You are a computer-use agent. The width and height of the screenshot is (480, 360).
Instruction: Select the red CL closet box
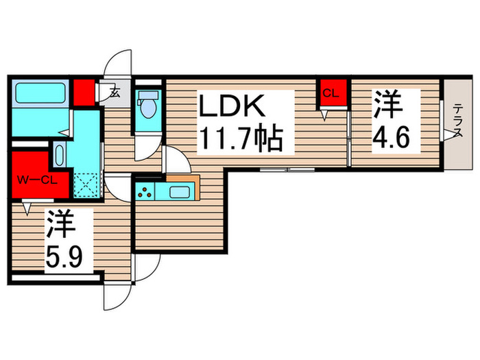point(331,95)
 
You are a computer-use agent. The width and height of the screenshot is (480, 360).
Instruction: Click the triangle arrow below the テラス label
point(453,136)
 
